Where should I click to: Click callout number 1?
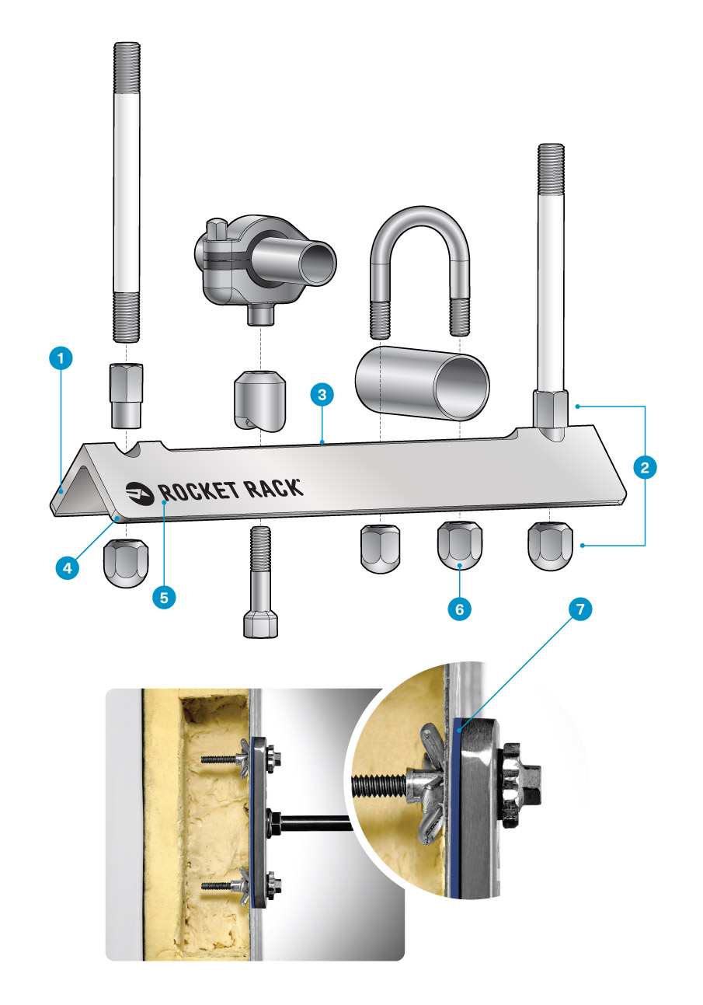click(61, 358)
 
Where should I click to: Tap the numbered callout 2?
click(645, 467)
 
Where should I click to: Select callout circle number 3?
click(322, 395)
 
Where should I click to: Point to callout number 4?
click(68, 568)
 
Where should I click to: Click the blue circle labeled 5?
click(164, 598)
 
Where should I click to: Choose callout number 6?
click(460, 609)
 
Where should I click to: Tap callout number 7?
click(580, 609)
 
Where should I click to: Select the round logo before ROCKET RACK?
click(140, 493)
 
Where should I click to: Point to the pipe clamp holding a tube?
click(265, 269)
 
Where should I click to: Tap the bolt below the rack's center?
click(260, 581)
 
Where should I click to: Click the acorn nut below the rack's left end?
click(126, 563)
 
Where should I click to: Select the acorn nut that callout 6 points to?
click(460, 545)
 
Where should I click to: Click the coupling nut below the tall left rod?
click(127, 396)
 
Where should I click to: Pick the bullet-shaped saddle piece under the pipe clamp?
click(260, 401)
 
